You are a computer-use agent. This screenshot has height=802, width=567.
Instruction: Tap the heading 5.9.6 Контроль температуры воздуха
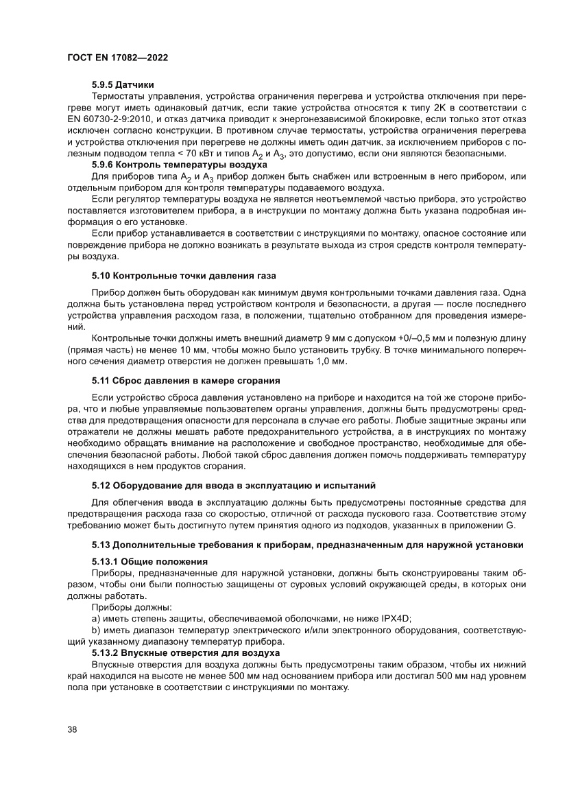(180, 165)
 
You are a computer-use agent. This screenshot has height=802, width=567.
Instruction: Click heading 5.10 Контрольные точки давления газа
(184, 276)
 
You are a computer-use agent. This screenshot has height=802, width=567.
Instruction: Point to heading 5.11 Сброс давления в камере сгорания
(186, 379)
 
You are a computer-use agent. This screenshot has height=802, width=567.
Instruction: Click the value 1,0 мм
(334, 362)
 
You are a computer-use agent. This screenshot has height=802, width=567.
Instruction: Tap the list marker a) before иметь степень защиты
(96, 617)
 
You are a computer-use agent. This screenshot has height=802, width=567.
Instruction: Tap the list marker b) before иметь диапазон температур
(96, 628)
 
